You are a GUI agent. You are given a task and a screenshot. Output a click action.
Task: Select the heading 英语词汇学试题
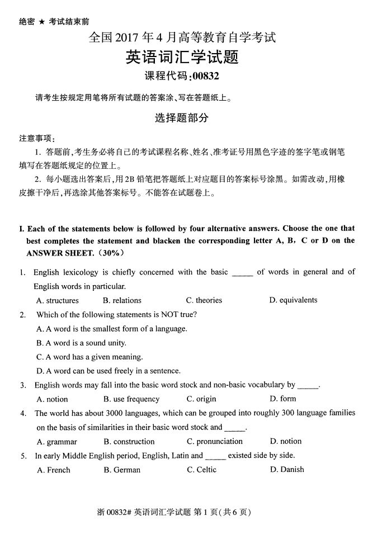(x=182, y=58)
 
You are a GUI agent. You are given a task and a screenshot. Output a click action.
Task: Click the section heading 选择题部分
(x=181, y=118)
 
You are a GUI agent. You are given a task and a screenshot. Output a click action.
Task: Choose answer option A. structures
(x=58, y=300)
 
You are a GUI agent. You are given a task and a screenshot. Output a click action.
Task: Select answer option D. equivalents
(x=293, y=300)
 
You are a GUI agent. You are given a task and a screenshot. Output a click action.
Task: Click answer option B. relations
(x=122, y=300)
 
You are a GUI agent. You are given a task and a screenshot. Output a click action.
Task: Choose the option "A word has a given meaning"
(x=89, y=357)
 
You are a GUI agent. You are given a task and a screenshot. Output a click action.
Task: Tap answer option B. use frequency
(x=131, y=399)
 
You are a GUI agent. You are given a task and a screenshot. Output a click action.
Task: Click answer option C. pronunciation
(x=215, y=442)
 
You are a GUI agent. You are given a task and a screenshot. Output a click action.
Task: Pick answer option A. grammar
(x=56, y=442)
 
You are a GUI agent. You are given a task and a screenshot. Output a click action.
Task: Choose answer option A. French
(x=54, y=470)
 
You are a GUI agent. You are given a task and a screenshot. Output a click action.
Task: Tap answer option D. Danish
(x=287, y=470)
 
